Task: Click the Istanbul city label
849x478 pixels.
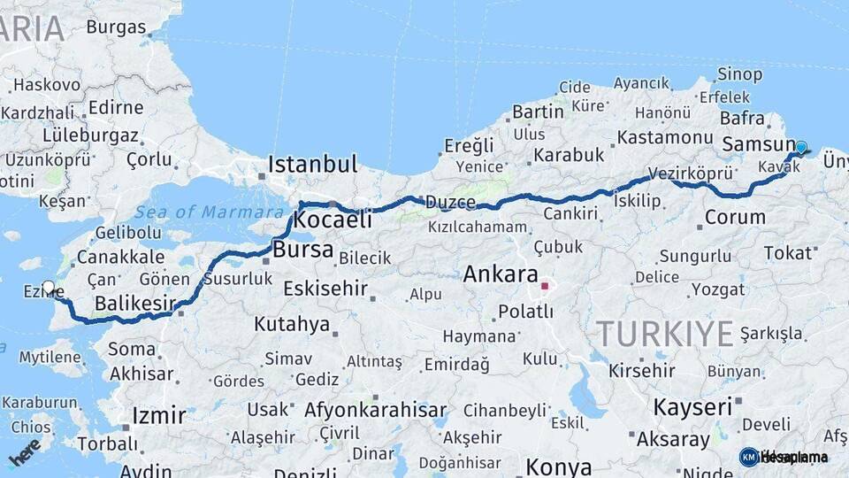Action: [x=312, y=165]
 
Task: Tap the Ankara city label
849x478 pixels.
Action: [x=500, y=274]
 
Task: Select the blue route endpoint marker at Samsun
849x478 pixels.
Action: [x=800, y=148]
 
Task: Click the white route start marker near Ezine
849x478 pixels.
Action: [x=49, y=288]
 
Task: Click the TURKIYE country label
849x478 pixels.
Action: [x=664, y=335]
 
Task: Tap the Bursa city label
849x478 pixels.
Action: [x=302, y=251]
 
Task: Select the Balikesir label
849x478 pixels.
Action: [x=134, y=305]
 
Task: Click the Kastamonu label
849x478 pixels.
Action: [x=664, y=137]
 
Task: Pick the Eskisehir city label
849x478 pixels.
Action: [x=325, y=289]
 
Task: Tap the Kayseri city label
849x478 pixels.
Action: [x=692, y=407]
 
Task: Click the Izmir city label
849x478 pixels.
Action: [x=158, y=415]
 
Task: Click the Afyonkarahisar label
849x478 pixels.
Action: [x=375, y=411]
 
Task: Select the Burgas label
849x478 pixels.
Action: [x=116, y=27]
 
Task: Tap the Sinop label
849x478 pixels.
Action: [x=739, y=74]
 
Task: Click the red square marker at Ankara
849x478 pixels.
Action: [x=545, y=286]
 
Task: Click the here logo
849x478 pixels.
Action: [x=24, y=451]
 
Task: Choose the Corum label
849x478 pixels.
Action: [x=735, y=217]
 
